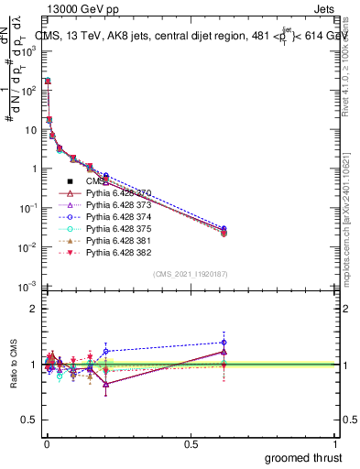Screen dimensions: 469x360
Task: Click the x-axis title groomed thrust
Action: (304, 456)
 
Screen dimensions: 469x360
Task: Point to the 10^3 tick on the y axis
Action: (28, 51)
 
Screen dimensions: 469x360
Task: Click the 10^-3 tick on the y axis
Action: (27, 287)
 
